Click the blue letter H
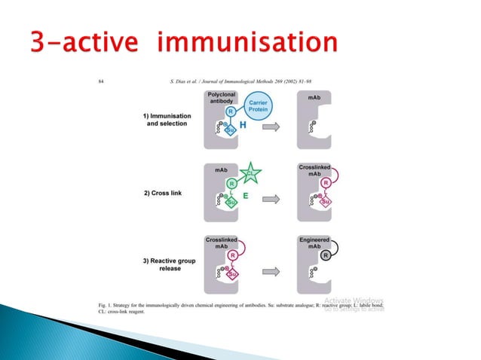(243, 125)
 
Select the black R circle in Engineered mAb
(325, 255)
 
